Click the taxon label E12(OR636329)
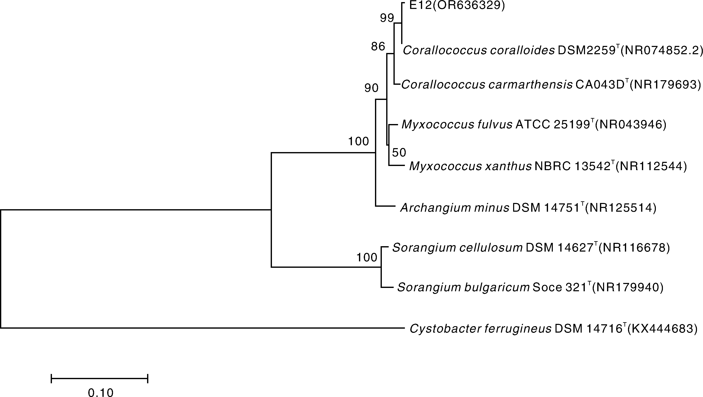tap(457, 5)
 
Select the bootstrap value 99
tap(387, 18)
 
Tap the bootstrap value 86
tap(378, 47)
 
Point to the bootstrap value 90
tap(371, 88)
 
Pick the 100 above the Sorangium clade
tap(366, 257)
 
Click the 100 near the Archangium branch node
tap(358, 141)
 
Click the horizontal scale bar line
tap(99, 379)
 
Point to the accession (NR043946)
tap(630, 125)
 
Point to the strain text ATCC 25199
tap(553, 125)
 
